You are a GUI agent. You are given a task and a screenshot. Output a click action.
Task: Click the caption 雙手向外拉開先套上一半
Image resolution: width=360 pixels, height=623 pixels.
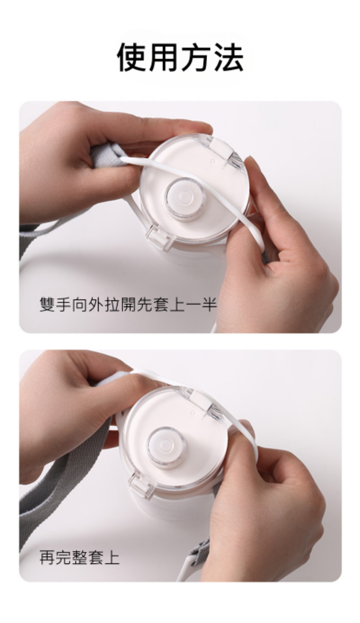[128, 305]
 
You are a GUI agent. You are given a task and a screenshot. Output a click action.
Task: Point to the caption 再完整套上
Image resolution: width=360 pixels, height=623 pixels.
[79, 557]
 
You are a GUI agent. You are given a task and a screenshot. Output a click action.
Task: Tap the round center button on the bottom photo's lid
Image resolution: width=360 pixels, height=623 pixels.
[166, 447]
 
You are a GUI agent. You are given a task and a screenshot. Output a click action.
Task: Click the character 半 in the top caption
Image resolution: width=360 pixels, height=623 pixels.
[209, 305]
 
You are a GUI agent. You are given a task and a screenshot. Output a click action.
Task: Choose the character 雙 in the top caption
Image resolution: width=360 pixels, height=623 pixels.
[47, 305]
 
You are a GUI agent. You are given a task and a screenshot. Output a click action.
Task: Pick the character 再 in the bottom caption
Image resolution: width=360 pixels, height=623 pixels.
[47, 557]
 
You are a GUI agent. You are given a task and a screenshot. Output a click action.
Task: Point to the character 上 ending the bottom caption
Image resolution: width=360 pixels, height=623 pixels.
[112, 557]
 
